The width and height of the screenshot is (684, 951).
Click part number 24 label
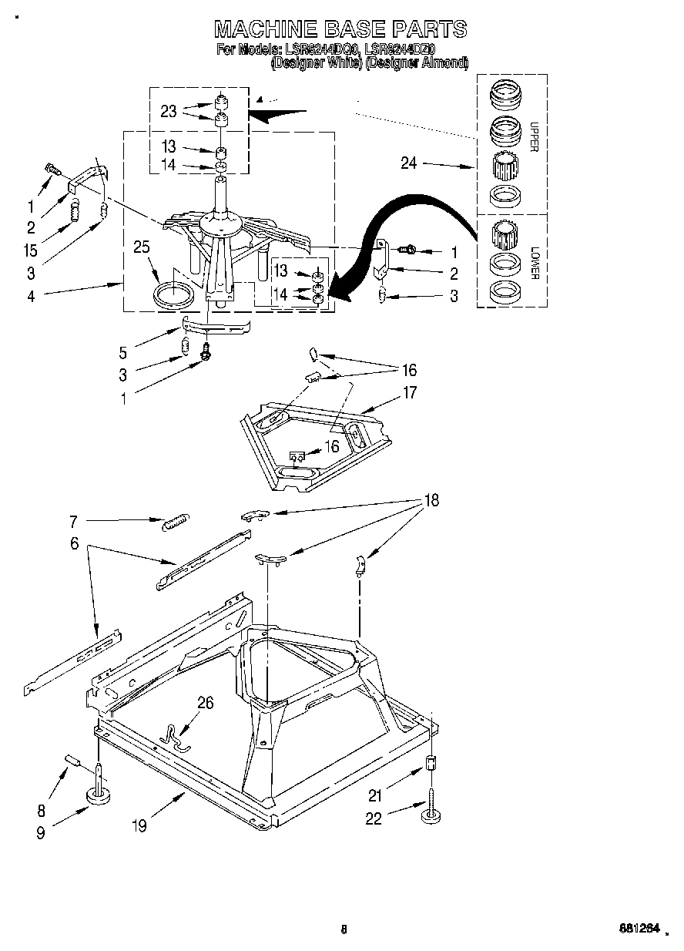click(x=409, y=163)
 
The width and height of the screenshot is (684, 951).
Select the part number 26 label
click(x=205, y=702)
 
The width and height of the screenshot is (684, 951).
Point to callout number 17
click(x=409, y=393)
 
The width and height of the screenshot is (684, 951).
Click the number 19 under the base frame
click(x=139, y=825)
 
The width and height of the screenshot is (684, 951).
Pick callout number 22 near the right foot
click(x=374, y=819)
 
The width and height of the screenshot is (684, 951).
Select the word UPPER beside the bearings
click(x=533, y=136)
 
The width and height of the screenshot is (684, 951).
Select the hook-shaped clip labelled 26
click(x=176, y=736)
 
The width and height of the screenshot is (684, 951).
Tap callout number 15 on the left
click(x=31, y=250)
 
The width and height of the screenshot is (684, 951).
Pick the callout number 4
click(x=31, y=295)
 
